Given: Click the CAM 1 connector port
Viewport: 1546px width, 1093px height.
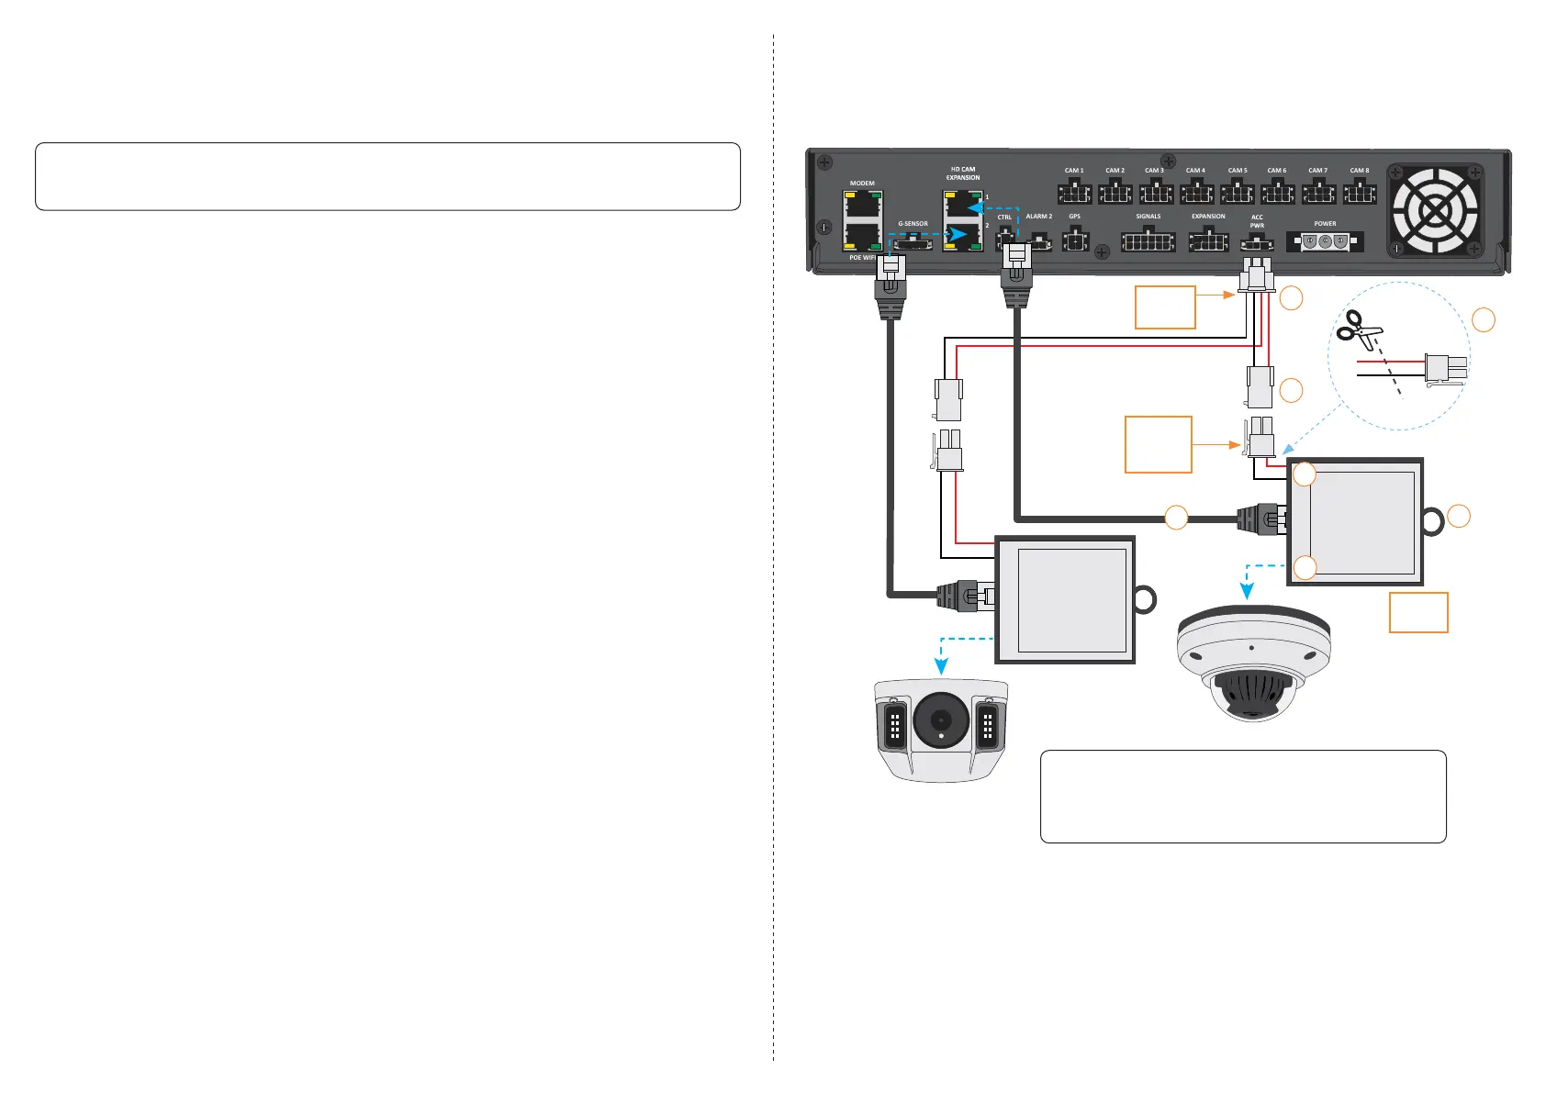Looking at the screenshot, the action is click(1074, 192).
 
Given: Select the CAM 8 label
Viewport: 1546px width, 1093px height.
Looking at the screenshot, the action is click(1360, 170).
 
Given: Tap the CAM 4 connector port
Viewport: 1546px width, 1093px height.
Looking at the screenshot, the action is click(1196, 192).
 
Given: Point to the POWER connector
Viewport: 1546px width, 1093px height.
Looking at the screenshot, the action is click(1325, 241).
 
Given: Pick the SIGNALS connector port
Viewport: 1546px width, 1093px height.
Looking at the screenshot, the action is click(1148, 240).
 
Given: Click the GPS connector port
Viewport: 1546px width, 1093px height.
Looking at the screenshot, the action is click(1075, 240).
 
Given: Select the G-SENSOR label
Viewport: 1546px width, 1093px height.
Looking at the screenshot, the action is click(913, 224).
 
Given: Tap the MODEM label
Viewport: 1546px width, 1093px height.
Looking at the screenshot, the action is click(862, 184).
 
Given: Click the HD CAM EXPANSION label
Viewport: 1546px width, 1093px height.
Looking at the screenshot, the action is click(963, 173).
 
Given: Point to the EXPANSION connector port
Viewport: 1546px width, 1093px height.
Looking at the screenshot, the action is click(1208, 240).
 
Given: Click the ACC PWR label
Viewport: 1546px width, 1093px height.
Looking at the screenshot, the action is click(1257, 221).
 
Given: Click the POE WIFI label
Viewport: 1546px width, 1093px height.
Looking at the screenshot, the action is click(862, 258).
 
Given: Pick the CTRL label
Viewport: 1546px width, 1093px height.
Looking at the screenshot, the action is click(1004, 217).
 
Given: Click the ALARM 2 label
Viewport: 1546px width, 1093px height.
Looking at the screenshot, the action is click(1039, 217).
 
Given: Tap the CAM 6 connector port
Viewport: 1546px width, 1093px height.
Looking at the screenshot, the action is click(1277, 192).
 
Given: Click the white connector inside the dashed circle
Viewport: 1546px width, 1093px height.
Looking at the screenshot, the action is click(1444, 369).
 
